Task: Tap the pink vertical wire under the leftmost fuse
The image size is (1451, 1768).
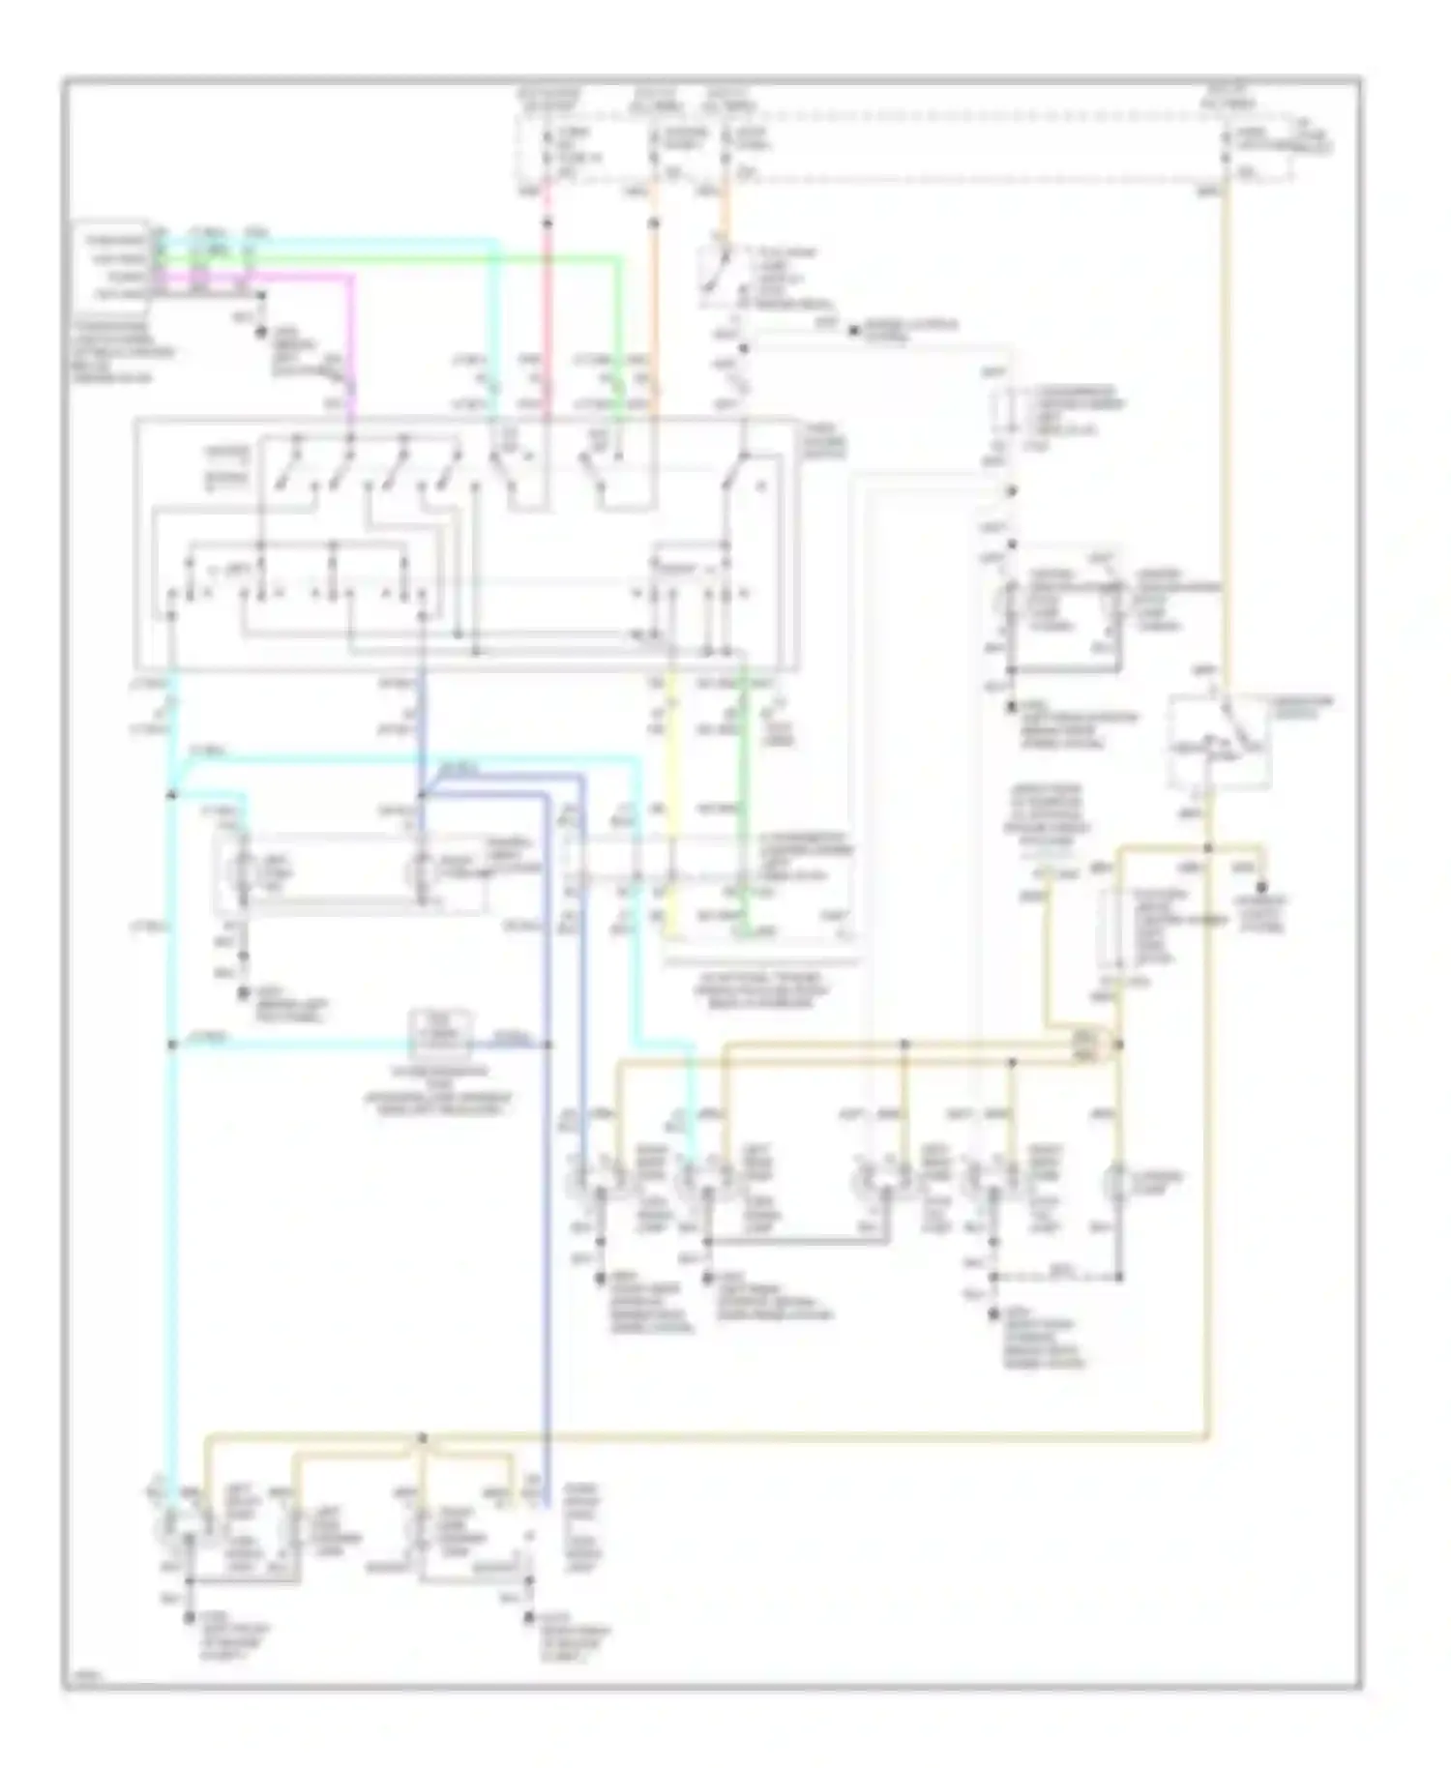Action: [x=548, y=290]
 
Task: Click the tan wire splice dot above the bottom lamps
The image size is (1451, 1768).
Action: [x=423, y=1438]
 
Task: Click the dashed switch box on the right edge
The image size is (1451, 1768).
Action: [x=1219, y=740]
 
